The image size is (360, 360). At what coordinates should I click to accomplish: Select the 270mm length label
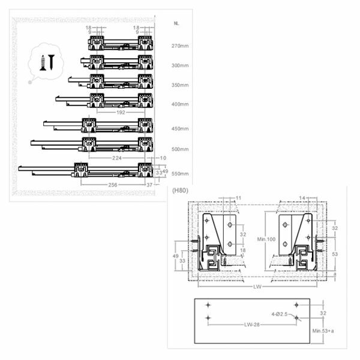click(180, 46)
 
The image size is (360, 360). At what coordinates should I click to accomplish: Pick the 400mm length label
click(180, 104)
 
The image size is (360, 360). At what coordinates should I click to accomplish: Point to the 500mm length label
click(180, 149)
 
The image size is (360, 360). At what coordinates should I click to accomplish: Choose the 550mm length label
click(180, 173)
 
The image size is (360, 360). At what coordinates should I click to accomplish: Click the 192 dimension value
click(121, 112)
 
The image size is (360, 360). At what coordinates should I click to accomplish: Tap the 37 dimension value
click(149, 185)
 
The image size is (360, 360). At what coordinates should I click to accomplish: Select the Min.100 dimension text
click(266, 239)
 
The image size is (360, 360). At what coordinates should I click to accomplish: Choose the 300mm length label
click(180, 65)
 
